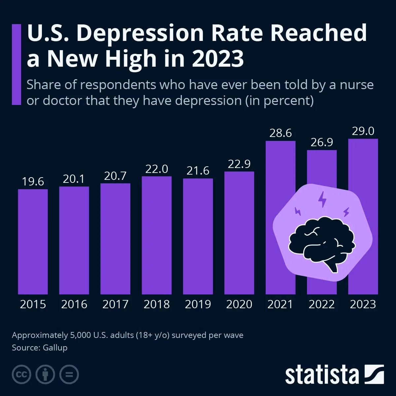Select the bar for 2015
pyautogui.click(x=33, y=242)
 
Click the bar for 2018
pyautogui.click(x=156, y=235)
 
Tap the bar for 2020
pyautogui.click(x=239, y=233)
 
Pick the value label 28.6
pyautogui.click(x=280, y=133)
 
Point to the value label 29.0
pyautogui.click(x=363, y=131)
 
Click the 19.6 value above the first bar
pyautogui.click(x=33, y=181)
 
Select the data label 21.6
pyautogui.click(x=198, y=171)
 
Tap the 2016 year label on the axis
pyautogui.click(x=74, y=304)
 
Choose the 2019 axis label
pyautogui.click(x=198, y=304)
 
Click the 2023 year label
pyautogui.click(x=363, y=304)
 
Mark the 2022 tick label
pyautogui.click(x=321, y=304)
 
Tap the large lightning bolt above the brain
pyautogui.click(x=322, y=199)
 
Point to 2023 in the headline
pyautogui.click(x=218, y=59)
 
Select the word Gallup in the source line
pyautogui.click(x=55, y=347)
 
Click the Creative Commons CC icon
pyautogui.click(x=21, y=375)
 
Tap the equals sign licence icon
pyautogui.click(x=69, y=375)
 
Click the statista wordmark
pyautogui.click(x=322, y=375)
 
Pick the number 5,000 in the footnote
pyautogui.click(x=80, y=335)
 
